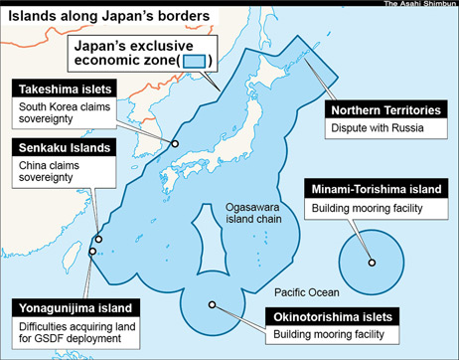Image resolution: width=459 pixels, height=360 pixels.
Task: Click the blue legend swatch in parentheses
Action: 197,61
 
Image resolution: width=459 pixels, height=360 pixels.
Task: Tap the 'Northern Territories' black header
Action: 385,109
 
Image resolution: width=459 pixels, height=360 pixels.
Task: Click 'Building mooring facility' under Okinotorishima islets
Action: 328,335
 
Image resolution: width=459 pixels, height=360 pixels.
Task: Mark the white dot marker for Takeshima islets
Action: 174,143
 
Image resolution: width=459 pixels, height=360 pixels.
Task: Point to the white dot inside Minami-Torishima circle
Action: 373,263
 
